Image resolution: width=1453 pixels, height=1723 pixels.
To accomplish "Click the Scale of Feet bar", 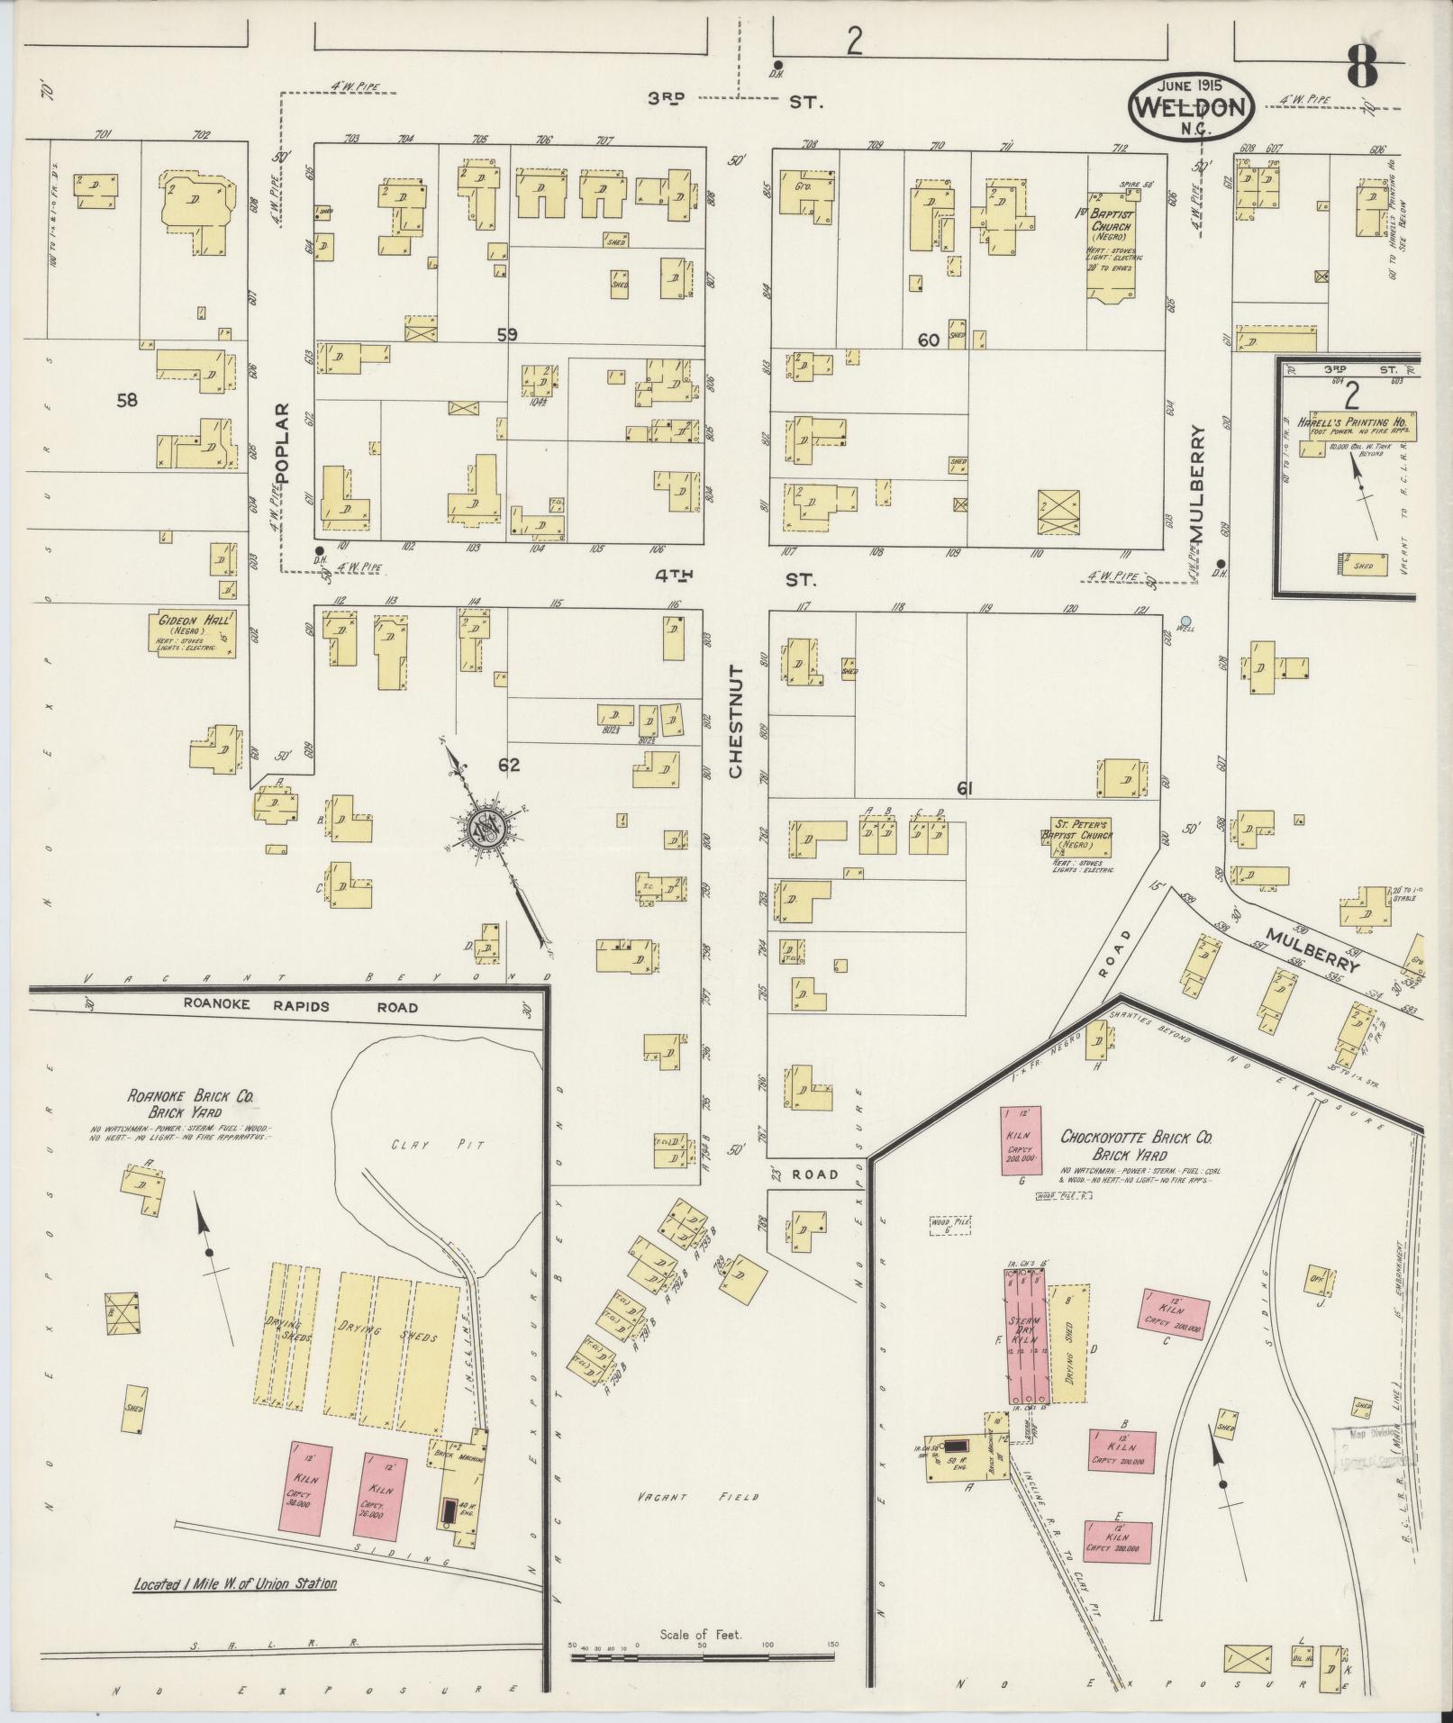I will pos(703,1646).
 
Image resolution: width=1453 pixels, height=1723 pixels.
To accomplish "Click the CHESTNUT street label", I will pos(735,721).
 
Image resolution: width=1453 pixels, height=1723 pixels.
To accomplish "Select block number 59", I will pos(507,334).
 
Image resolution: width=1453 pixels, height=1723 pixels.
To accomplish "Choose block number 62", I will pos(509,765).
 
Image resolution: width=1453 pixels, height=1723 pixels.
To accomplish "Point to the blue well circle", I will pos(1185,621).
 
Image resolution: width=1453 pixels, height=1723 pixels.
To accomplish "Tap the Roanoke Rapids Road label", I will pos(300,1007).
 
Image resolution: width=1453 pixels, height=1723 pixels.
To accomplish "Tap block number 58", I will pos(127,400).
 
